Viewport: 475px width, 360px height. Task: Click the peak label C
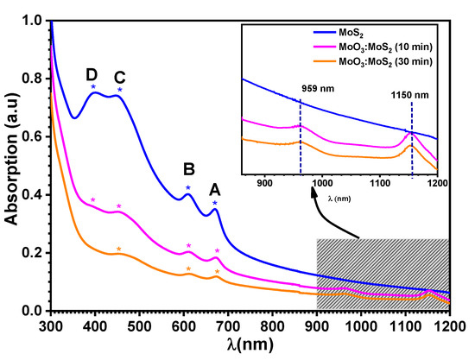click(x=120, y=74)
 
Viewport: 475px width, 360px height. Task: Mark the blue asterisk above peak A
click(x=215, y=204)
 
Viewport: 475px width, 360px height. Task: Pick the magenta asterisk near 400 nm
click(x=93, y=200)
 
